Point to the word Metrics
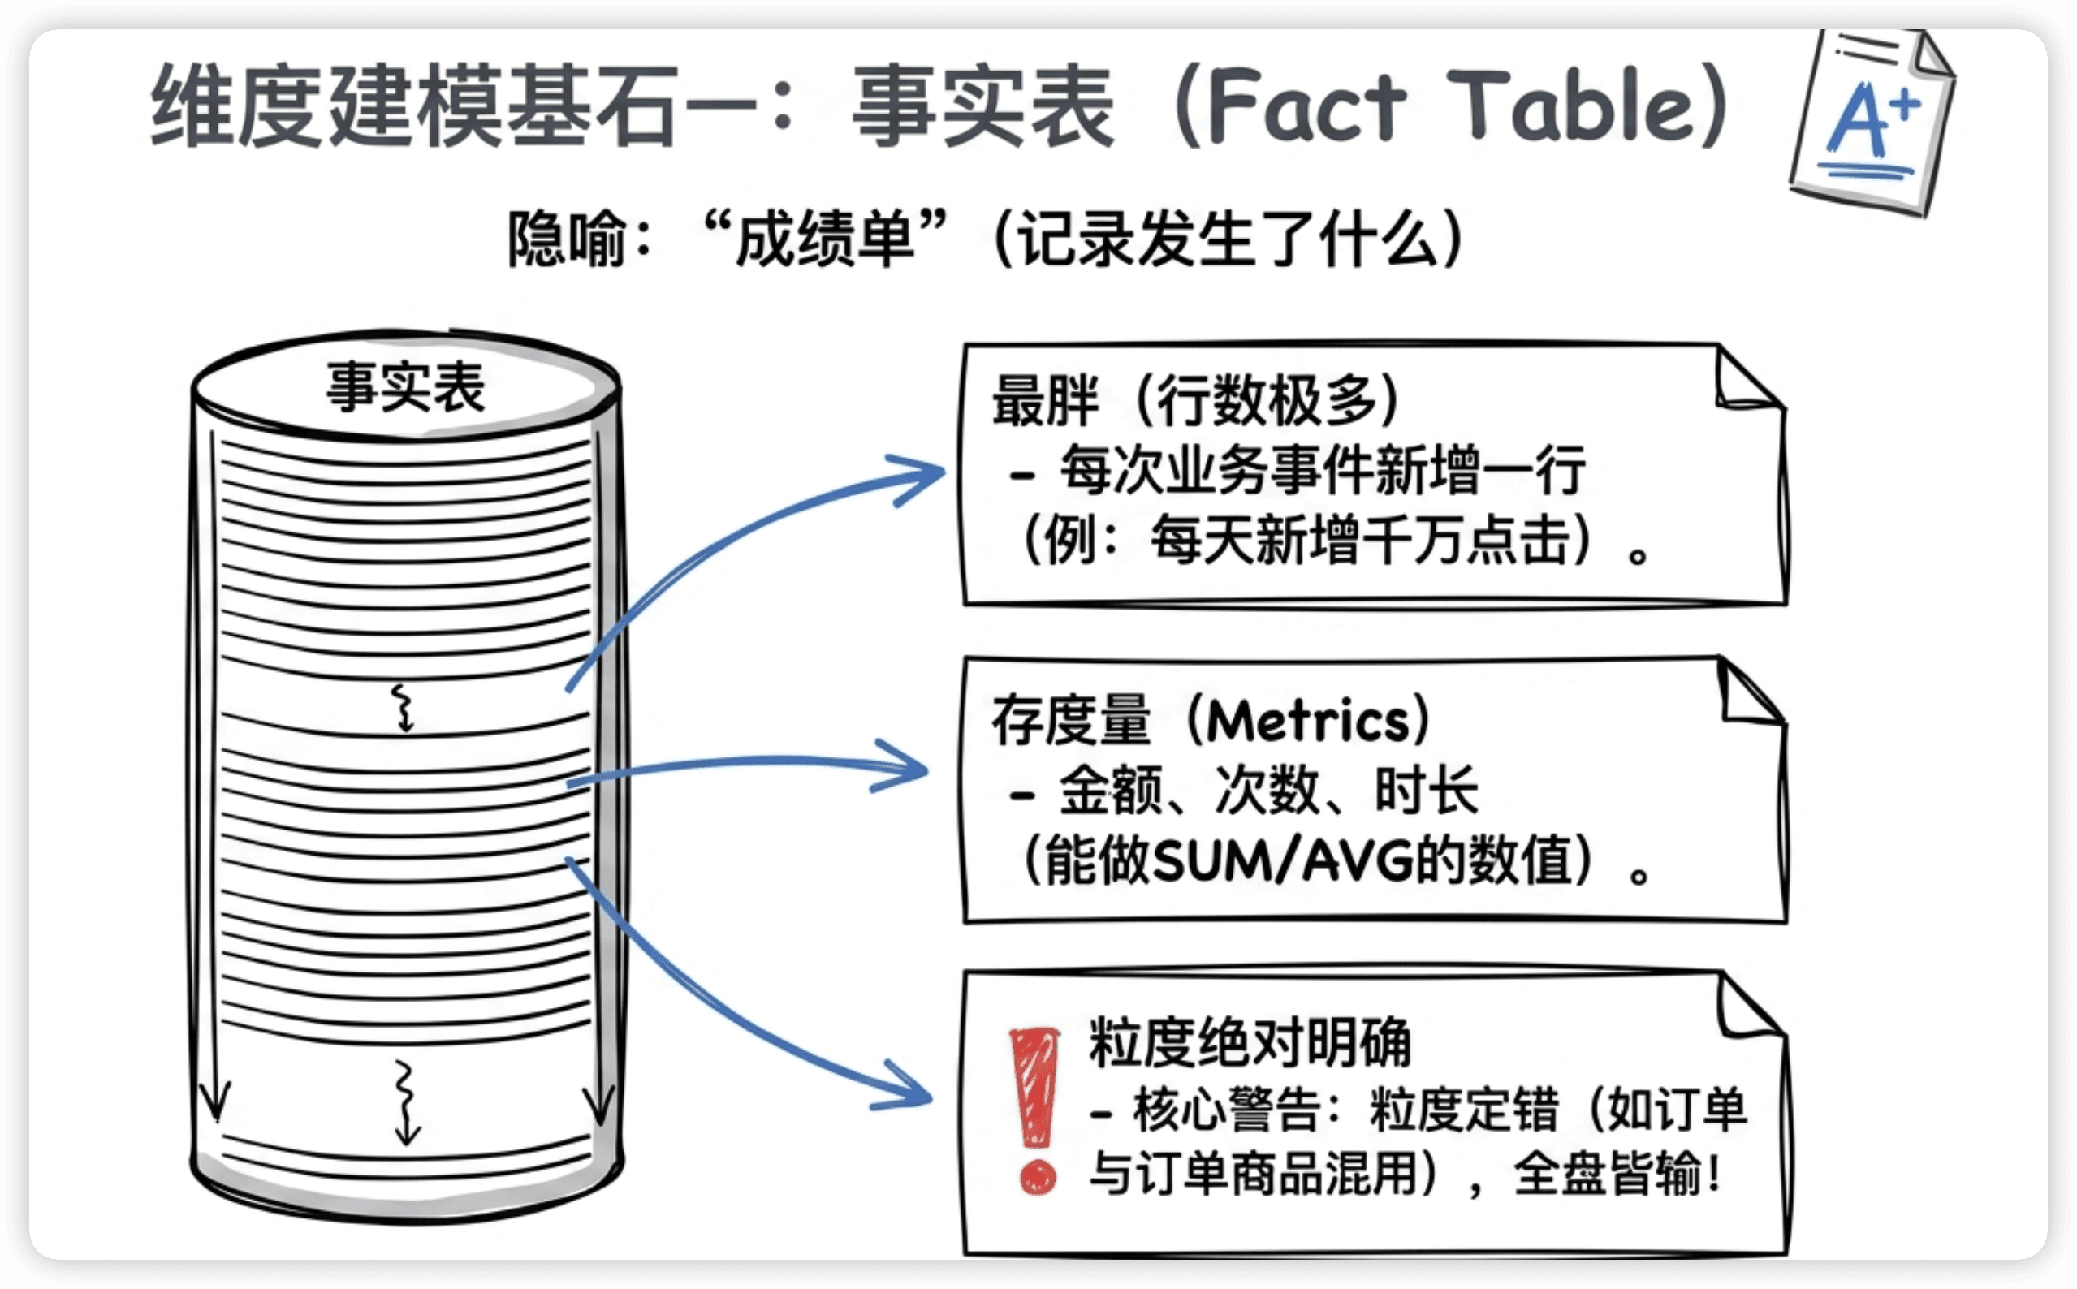pos(1309,720)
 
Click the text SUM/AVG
pos(1282,860)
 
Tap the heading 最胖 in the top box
pos(1045,400)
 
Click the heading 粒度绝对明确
pos(1250,1041)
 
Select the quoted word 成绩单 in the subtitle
pos(823,239)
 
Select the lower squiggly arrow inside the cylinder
pos(406,1102)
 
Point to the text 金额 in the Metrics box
pos(1111,791)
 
